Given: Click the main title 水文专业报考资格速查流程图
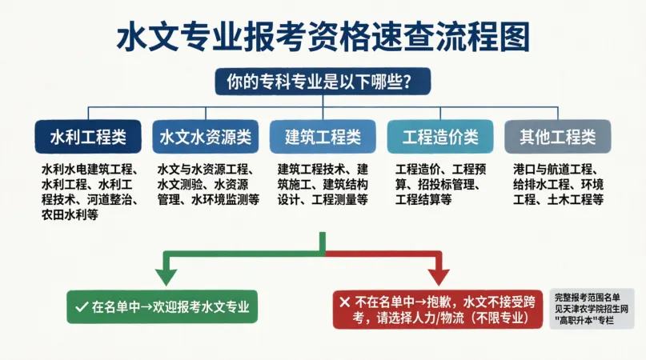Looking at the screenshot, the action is coord(323,37).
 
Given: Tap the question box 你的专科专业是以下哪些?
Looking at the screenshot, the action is coord(323,82).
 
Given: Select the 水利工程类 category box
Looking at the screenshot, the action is coord(88,137).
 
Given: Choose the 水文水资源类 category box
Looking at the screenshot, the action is coord(206,137).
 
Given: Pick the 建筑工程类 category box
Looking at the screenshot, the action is coord(323,137).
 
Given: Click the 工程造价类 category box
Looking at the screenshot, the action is coord(440,137).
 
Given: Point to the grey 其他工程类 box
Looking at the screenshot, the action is coord(558,137).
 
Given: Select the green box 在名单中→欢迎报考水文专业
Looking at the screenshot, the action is coord(163,307).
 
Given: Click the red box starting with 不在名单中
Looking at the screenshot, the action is coord(438,310).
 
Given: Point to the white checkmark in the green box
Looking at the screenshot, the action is coord(82,307).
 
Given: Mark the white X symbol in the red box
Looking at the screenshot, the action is coord(345,302).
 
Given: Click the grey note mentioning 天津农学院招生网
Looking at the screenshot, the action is coord(592,309).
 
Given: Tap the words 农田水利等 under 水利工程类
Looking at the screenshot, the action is coord(70,215).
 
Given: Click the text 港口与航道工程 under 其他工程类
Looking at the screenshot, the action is coord(553,170).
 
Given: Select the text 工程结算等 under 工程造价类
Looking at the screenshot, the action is coord(423,200).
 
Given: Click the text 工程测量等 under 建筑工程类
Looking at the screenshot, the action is coord(340,200).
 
